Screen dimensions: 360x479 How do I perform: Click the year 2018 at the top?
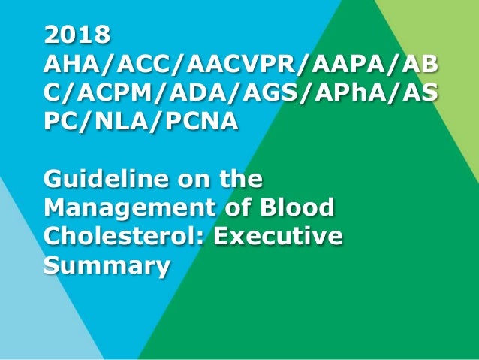pyautogui.click(x=77, y=35)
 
